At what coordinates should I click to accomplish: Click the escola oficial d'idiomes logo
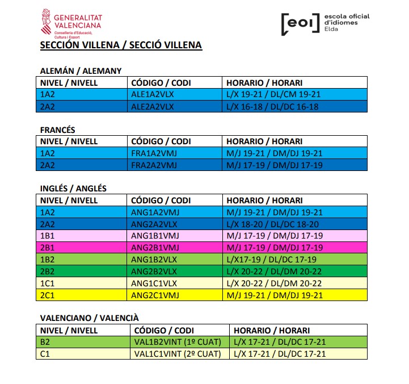(325, 22)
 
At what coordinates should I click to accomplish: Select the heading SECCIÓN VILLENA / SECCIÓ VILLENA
(121, 45)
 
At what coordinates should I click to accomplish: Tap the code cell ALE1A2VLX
(153, 94)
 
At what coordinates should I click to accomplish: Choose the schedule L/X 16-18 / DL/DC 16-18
(272, 106)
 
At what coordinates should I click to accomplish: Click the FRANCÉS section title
(57, 130)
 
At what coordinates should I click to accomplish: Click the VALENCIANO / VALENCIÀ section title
(89, 318)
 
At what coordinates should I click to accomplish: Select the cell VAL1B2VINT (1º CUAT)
(176, 342)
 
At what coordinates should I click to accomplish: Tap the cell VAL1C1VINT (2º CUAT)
(176, 354)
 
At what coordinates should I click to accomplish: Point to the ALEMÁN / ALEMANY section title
(81, 71)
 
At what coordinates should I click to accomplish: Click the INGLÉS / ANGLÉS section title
(73, 189)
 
